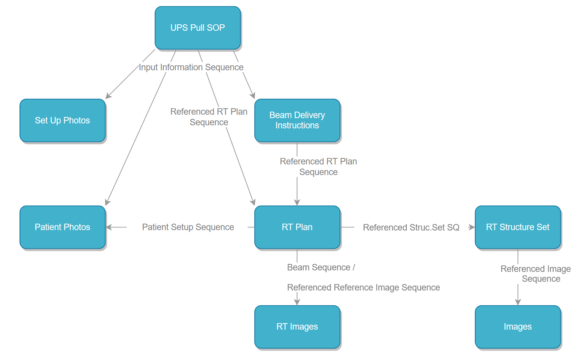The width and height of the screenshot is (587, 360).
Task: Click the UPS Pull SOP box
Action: coord(198,28)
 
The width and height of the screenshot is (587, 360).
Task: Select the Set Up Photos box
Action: coord(63,120)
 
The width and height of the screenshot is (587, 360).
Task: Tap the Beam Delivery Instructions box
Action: coord(297,120)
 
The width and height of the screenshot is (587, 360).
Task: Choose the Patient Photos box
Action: coord(63,227)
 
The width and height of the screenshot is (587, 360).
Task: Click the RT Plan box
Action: coord(297,227)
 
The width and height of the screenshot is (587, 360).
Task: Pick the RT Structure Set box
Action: coord(518,227)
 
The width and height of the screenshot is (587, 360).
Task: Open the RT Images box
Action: coord(297,327)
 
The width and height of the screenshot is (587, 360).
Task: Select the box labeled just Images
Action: coord(518,327)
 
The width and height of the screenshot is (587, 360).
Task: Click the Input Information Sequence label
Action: coord(191,67)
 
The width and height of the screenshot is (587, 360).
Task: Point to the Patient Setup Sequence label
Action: coord(188,227)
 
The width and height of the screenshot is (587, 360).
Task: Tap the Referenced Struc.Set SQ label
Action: coord(411,227)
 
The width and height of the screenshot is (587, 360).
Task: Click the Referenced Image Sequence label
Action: coord(535,274)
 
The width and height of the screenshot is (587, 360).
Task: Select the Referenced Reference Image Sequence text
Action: coord(363,287)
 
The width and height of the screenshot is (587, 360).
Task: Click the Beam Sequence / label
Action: coord(321,267)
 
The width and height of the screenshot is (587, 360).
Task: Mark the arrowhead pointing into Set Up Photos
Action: coord(108,96)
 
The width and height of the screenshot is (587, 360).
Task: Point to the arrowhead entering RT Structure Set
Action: coord(472,227)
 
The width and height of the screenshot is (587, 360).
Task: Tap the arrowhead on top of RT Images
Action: coord(297,302)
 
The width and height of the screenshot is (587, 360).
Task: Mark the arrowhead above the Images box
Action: coord(518,302)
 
